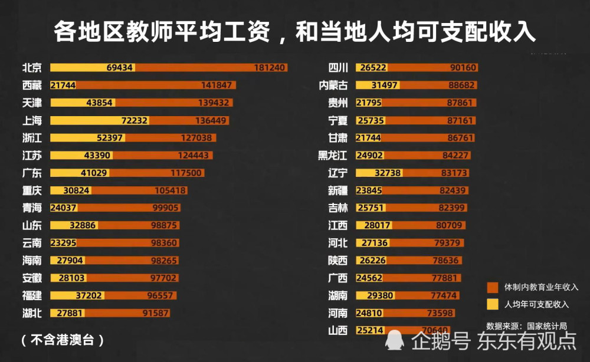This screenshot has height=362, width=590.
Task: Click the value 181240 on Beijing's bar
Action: (270, 68)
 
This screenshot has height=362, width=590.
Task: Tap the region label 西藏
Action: (32, 85)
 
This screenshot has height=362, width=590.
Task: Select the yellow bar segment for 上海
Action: (99, 120)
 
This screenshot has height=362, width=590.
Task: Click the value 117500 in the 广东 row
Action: (186, 173)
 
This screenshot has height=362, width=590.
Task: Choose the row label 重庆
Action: (32, 190)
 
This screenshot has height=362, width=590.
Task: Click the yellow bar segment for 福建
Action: (77, 295)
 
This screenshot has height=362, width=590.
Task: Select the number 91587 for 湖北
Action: (155, 313)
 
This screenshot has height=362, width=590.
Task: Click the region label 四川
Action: (338, 68)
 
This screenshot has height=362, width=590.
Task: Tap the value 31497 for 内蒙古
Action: (385, 85)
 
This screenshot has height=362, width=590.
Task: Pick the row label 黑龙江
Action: (333, 156)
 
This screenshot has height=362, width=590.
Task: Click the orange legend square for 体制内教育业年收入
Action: (493, 287)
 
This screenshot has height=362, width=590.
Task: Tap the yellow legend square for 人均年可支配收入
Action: (493, 304)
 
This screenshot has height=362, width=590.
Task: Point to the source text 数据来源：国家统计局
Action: (526, 325)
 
